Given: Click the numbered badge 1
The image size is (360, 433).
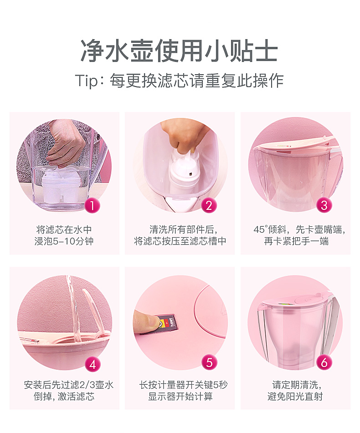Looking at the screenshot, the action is pos(92,205).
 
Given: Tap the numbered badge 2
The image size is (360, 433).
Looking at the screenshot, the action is pos(209,205).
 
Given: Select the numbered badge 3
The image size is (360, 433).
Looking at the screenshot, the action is pos(324,205).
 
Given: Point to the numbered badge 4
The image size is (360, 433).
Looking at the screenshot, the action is pos(93,364).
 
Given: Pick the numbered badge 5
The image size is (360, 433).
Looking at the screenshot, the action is pos(210,362).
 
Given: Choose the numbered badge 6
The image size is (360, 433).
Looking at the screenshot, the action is pos(324,362).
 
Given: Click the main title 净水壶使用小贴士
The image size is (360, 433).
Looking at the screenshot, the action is pos(179,51).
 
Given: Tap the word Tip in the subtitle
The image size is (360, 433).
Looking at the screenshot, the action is pos(87,81).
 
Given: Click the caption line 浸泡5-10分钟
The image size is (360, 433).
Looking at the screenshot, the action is pos(64,241).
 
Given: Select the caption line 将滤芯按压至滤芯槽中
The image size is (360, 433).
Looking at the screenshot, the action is pos(180,241).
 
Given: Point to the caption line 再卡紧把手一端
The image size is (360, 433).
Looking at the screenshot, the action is pos(296,241).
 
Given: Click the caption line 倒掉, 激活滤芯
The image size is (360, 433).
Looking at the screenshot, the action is pos(64,397).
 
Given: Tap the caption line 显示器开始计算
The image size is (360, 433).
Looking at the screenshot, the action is pos(180,397).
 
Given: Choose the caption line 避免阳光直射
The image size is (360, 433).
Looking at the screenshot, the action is pos(295,397).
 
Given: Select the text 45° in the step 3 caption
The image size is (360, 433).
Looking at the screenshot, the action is pos(261,229).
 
